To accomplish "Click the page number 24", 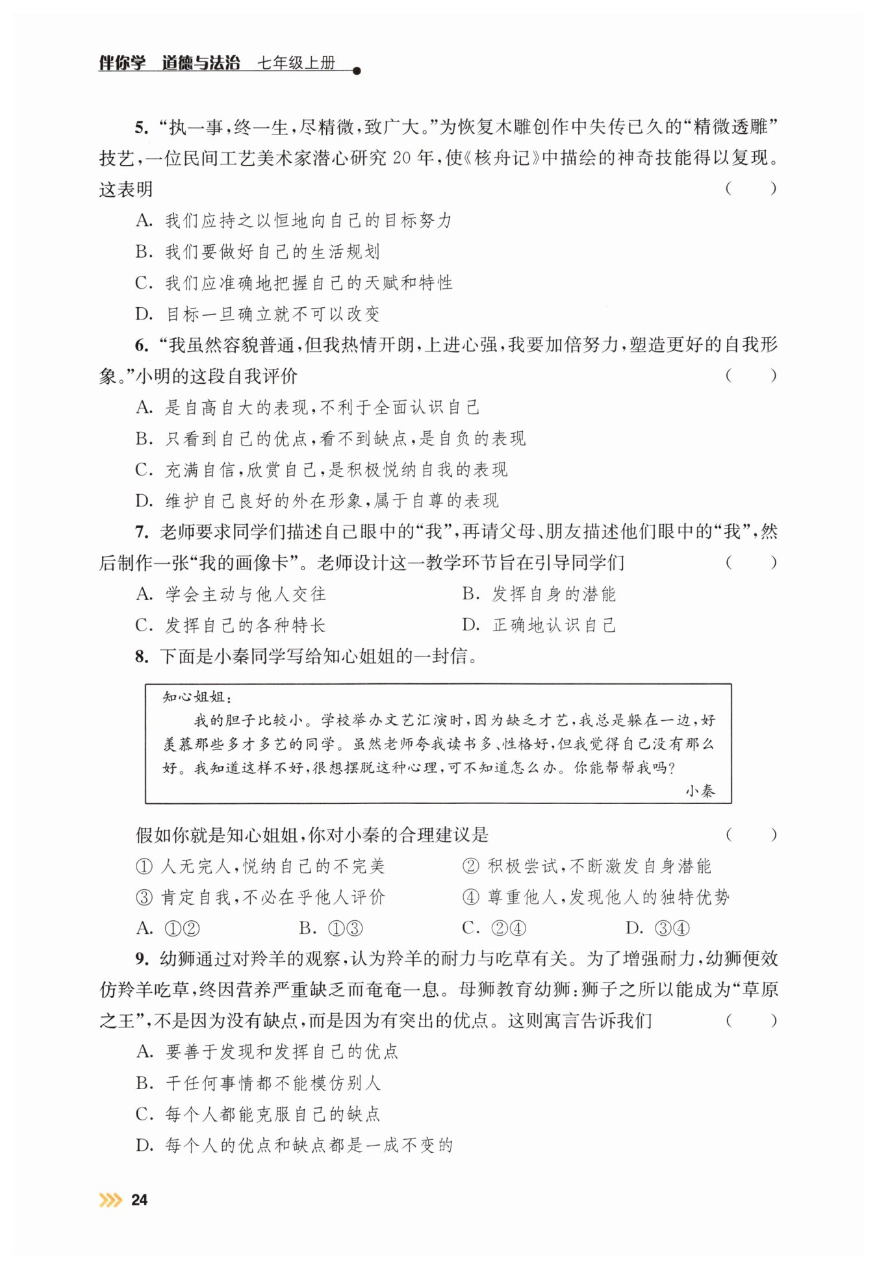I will [139, 1200].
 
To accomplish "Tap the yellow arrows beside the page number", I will [110, 1200].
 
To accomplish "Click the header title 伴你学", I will [121, 63].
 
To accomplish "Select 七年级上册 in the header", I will [296, 63].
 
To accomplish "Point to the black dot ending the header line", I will [356, 71].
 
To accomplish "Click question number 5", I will [142, 127].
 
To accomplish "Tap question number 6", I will [142, 346].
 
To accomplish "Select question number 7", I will [142, 533].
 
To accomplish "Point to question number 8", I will [142, 657].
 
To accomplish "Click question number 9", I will [142, 959].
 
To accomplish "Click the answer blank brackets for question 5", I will [750, 189].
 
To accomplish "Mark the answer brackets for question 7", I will [750, 563].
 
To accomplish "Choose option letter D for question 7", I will [470, 625].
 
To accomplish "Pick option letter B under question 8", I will [307, 928].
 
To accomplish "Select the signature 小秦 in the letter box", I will [700, 791].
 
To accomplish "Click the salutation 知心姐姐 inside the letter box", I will [194, 697].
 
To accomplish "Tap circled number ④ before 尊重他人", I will [470, 898].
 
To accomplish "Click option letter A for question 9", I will [144, 1052].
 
